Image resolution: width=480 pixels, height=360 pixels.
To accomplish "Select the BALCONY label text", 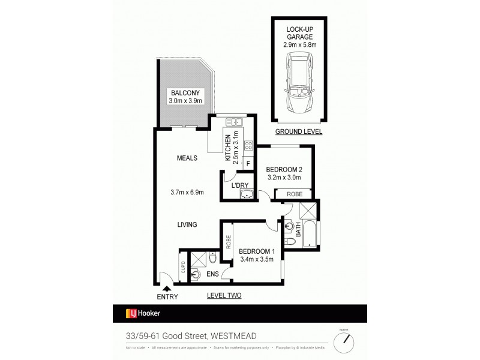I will pyautogui.click(x=185, y=93).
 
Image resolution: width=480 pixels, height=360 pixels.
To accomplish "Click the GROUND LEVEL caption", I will pyautogui.click(x=298, y=131).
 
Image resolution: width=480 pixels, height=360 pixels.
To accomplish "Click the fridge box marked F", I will pyautogui.click(x=248, y=163).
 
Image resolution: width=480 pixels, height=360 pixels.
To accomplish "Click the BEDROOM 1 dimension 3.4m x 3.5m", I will pyautogui.click(x=256, y=259).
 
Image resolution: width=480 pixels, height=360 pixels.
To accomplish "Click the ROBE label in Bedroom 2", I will pyautogui.click(x=294, y=194).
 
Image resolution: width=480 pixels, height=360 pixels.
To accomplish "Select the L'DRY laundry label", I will pyautogui.click(x=240, y=185).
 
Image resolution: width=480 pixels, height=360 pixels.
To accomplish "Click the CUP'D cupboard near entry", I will pyautogui.click(x=182, y=266).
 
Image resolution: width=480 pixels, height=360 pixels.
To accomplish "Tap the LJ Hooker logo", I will pyautogui.click(x=142, y=313).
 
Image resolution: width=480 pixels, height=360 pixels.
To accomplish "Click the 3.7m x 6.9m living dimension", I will pyautogui.click(x=187, y=193).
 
